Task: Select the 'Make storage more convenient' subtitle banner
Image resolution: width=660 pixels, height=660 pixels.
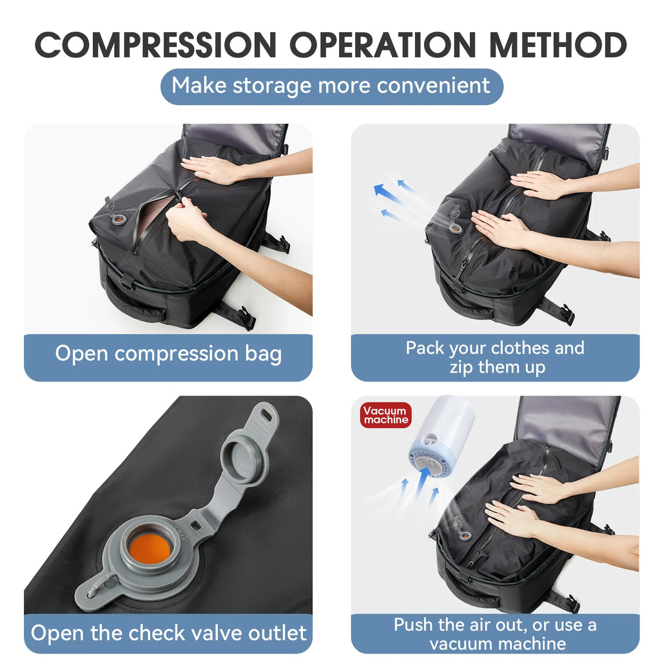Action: (x=331, y=86)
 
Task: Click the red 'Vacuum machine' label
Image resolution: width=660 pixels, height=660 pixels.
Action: (x=385, y=415)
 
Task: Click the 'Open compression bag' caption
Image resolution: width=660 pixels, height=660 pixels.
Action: (x=168, y=354)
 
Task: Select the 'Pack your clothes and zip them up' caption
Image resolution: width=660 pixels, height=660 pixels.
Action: (x=494, y=357)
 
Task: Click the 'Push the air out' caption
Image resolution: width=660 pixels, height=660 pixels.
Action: (x=494, y=633)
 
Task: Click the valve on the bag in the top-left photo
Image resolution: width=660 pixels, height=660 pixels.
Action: (x=117, y=218)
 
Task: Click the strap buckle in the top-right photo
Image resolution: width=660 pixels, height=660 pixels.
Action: (x=566, y=315)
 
